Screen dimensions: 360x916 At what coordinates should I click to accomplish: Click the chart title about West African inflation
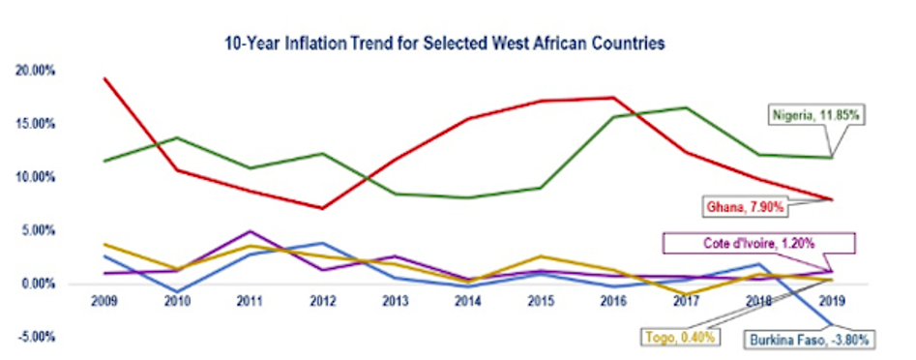458,44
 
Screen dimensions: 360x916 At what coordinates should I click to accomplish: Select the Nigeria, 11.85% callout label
816,115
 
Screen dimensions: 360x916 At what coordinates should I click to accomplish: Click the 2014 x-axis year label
468,301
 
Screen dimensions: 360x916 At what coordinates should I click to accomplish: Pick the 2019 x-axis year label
833,301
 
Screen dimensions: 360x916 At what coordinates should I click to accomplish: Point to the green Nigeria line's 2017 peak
687,107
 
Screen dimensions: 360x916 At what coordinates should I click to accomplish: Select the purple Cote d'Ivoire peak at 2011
250,231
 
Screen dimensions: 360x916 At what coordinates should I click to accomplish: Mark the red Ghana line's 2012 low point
322,208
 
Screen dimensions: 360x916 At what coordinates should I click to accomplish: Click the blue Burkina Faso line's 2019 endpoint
833,324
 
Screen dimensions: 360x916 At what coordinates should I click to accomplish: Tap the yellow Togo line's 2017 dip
687,294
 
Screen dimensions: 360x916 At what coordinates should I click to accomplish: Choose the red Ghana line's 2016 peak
614,97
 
